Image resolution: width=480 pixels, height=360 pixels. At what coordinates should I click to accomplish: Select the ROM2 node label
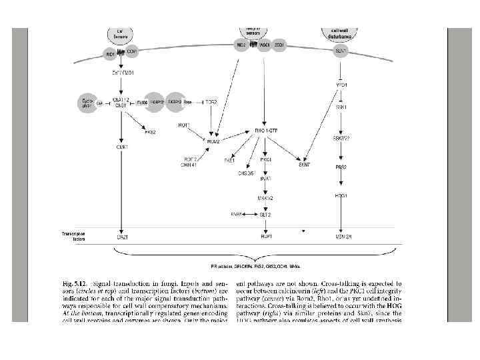coord(213,141)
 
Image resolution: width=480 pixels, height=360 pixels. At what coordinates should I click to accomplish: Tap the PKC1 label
coord(265,160)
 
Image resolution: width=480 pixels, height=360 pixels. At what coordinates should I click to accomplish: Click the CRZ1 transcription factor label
coord(122,237)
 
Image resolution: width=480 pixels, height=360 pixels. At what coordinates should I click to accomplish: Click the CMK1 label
coord(122,147)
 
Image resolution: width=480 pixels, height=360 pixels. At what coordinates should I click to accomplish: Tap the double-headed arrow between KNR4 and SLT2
coord(249,214)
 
